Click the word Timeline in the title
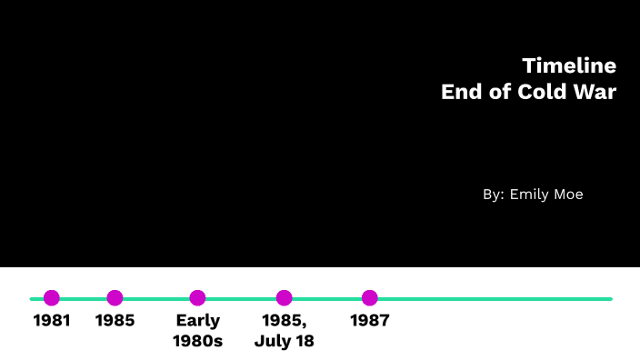pos(569,65)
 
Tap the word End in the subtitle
pos(460,92)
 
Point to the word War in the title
pos(597,92)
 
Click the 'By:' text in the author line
pos(493,195)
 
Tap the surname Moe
pos(566,195)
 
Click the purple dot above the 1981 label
pos(52,297)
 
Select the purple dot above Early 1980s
pos(197,297)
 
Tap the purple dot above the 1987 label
pos(369,297)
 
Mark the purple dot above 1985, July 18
pos(285,297)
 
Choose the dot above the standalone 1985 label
pos(115,297)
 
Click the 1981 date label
pos(52,320)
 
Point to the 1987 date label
pos(369,320)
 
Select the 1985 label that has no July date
pos(115,320)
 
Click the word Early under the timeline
pos(198,320)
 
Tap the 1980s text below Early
pos(198,341)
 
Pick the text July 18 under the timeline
pos(285,341)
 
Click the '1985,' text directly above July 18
pos(285,320)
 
